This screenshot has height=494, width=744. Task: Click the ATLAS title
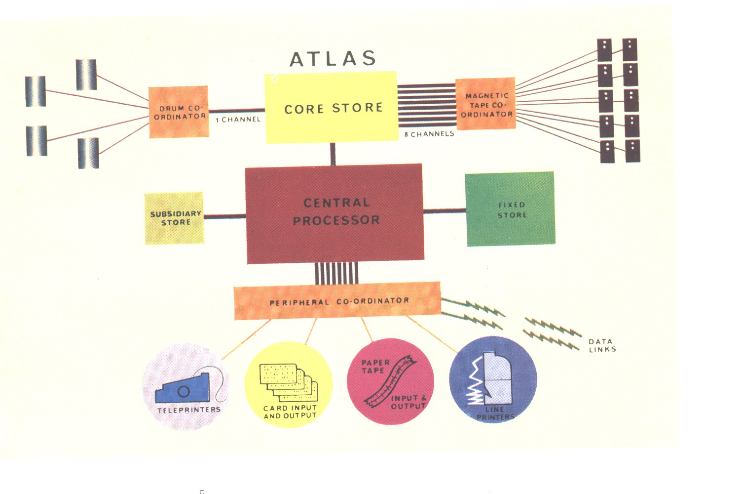tap(333, 59)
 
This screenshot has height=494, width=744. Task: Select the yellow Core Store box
tap(332, 108)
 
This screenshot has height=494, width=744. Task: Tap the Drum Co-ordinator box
tap(179, 112)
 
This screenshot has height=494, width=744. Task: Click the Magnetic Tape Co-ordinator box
tap(486, 104)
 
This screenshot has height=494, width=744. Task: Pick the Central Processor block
tap(335, 212)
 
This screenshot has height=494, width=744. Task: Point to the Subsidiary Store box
tap(175, 218)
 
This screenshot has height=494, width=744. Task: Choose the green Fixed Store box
tap(510, 209)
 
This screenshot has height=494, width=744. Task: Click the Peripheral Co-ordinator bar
tap(337, 301)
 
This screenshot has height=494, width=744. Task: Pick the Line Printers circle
tap(493, 379)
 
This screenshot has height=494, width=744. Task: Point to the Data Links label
tap(602, 345)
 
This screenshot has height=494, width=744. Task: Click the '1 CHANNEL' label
tap(238, 120)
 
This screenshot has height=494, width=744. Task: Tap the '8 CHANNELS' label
tap(429, 134)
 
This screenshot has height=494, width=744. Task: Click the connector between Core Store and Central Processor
tap(333, 154)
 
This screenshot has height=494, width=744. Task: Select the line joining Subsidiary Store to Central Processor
tap(224, 216)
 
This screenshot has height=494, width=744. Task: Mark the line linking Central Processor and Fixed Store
tap(445, 211)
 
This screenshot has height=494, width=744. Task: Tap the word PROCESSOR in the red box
tap(336, 220)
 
